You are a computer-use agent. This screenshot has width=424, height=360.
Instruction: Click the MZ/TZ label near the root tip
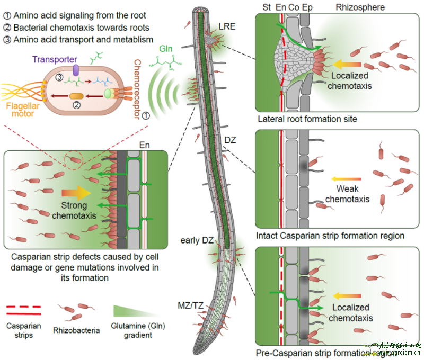click(190, 305)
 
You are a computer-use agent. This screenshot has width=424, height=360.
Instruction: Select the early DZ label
click(197, 241)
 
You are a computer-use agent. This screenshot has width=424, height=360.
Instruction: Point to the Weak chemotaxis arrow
click(342, 178)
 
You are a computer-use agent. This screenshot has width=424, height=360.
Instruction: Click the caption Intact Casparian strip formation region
click(330, 236)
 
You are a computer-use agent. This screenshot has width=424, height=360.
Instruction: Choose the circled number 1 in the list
click(6, 16)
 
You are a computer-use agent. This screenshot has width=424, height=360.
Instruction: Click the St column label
click(267, 7)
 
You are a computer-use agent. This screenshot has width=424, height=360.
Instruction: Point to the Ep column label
click(306, 7)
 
